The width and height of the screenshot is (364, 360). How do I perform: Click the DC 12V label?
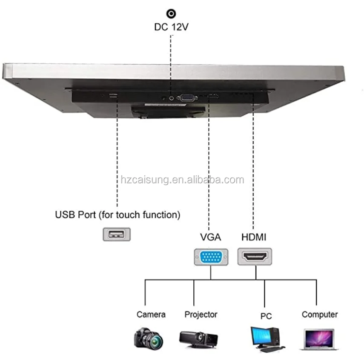coord(171,27)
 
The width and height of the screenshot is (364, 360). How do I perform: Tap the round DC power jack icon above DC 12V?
coord(171,14)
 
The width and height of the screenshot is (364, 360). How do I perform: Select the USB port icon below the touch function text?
coord(117,234)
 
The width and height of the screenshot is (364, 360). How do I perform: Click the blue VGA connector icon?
coord(211,257)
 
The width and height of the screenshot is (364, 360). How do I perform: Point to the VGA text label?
coord(210,237)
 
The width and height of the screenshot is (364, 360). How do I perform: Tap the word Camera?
coord(151,314)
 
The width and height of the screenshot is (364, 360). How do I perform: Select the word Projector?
coord(201,314)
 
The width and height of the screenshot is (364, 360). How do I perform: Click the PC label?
coord(266,316)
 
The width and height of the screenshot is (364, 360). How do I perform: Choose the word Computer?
coord(319,314)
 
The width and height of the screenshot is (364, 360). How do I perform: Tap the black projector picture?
coord(198,339)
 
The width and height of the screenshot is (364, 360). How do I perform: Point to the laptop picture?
coord(318,339)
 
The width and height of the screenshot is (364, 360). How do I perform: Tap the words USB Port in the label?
coord(75,215)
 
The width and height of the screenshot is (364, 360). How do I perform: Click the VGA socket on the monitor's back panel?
coord(186,97)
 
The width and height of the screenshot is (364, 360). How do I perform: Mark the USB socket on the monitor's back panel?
coord(113,96)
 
